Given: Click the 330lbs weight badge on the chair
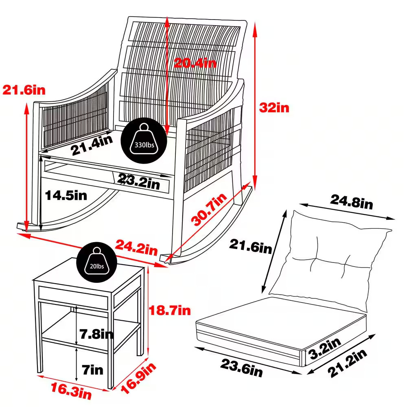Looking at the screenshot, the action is [x=144, y=140].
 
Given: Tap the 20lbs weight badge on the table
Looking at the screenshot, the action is [x=96, y=263].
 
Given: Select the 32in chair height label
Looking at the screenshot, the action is [x=274, y=107].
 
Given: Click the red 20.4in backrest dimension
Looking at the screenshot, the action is [x=195, y=63].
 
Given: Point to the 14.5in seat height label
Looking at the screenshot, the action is [x=66, y=195].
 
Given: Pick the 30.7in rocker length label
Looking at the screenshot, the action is [x=209, y=209].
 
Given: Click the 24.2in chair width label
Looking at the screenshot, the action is [x=136, y=247].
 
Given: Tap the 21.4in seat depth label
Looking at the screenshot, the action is [x=92, y=145].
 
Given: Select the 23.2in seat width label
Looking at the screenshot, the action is [x=139, y=182].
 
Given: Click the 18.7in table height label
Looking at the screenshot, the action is [x=170, y=311].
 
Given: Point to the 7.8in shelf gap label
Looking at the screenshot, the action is [x=96, y=334].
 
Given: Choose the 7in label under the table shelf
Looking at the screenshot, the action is [x=93, y=370].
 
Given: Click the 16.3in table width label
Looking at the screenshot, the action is [x=71, y=391].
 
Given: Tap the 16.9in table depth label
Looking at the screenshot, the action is [x=138, y=378].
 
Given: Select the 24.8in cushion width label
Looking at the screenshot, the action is [x=352, y=202].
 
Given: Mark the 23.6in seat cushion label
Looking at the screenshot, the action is [x=241, y=368].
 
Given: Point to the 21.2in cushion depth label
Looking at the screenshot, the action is [x=347, y=363].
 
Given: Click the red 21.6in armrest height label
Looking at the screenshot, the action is [x=24, y=90].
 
